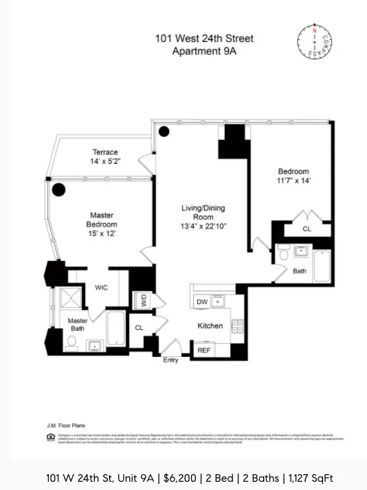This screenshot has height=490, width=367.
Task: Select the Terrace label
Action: point(105,152)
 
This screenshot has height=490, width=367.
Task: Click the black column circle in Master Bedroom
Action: point(58,190)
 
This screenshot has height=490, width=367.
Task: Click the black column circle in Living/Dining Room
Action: point(164,132)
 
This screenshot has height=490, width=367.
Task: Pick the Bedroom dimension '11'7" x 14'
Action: point(293,181)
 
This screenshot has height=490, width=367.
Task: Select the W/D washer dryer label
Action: point(143,299)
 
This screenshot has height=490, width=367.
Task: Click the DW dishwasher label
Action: point(202,302)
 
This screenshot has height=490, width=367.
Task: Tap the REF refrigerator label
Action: point(204,350)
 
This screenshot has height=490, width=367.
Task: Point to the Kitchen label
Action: point(210,325)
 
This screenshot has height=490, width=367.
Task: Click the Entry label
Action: point(170,360)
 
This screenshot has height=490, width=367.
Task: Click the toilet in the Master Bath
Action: point(71,345)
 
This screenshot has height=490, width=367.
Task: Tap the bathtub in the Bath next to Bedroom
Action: point(322,266)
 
